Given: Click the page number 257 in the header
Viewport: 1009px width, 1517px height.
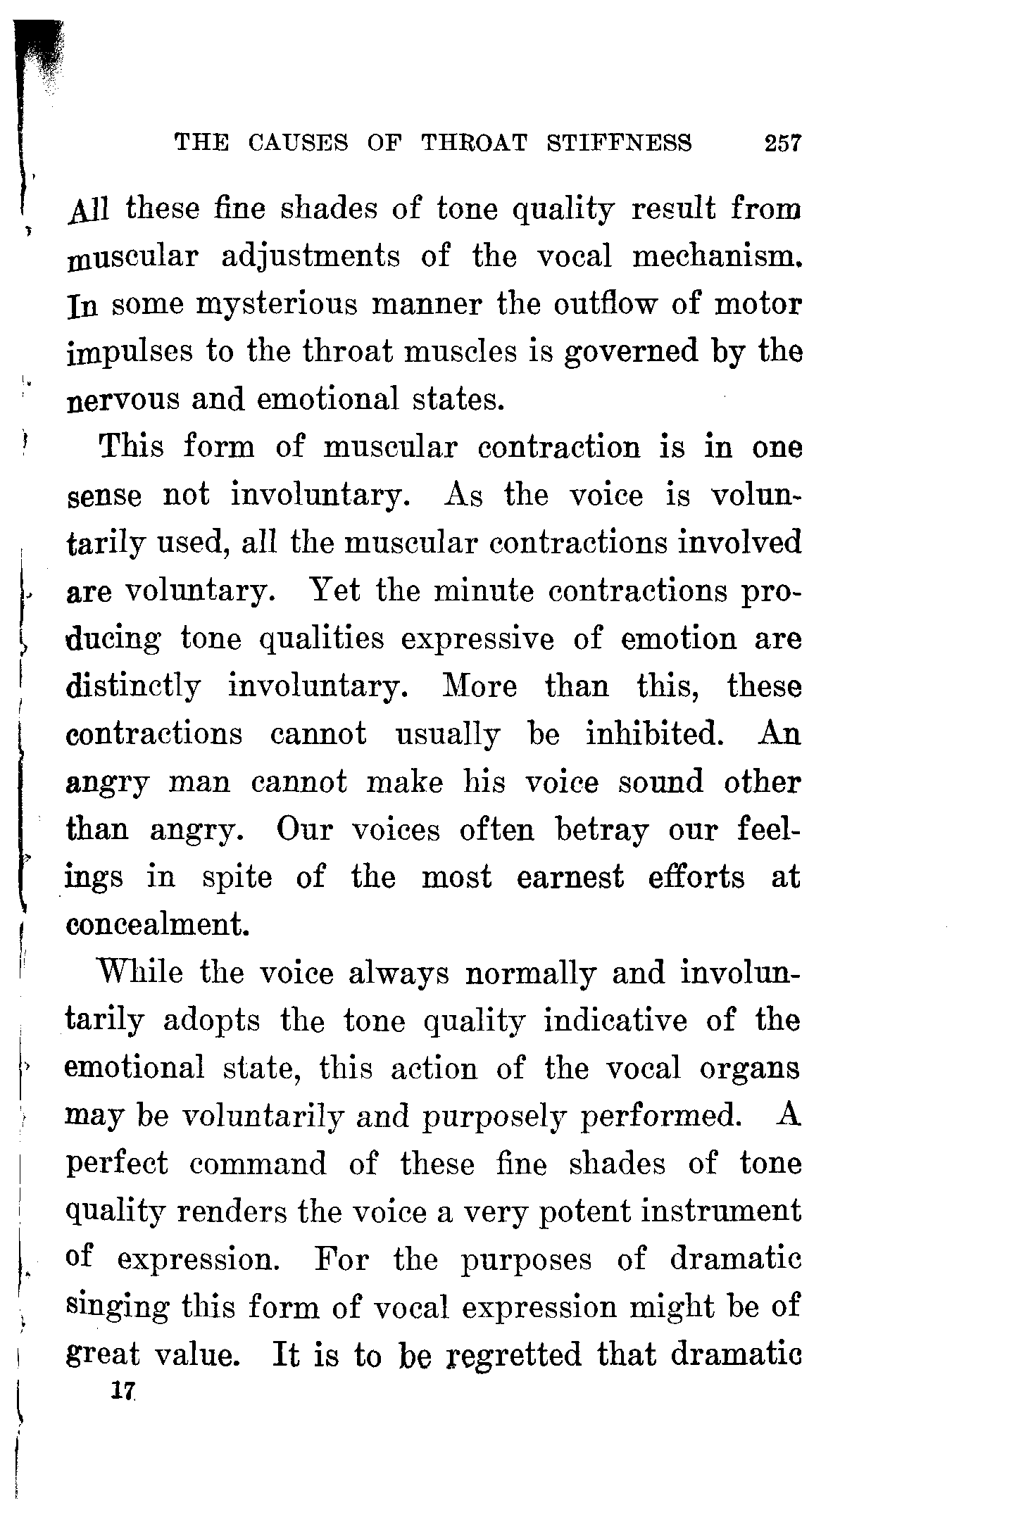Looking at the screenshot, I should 782,143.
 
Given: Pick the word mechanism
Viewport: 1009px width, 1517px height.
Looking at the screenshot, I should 717,256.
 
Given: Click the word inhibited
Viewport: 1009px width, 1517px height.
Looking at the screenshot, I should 655,734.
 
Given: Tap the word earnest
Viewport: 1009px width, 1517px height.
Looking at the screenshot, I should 570,878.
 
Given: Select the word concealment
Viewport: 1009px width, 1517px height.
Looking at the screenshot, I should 158,924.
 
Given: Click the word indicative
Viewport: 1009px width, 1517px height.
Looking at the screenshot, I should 615,1021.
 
